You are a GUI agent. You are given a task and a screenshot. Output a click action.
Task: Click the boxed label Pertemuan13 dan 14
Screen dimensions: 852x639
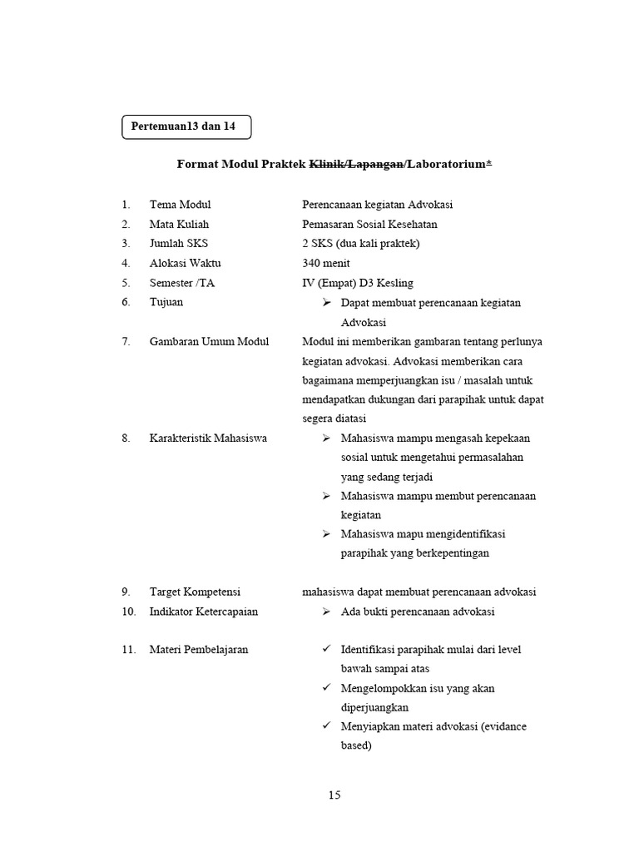[x=184, y=126]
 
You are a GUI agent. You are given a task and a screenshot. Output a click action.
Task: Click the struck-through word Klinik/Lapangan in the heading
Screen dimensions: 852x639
[x=358, y=165]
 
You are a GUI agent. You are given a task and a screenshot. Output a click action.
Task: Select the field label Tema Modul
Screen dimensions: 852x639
[x=180, y=205]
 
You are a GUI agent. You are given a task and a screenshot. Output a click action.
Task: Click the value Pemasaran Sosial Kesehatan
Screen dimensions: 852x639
[x=369, y=224]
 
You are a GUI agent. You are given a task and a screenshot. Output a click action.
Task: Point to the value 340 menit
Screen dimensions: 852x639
[x=326, y=263]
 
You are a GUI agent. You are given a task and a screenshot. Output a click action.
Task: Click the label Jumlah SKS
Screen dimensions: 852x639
[x=179, y=244]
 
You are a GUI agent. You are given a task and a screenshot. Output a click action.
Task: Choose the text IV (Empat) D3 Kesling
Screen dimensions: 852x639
[x=358, y=283]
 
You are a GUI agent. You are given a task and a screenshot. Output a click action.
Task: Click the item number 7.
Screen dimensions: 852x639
[x=126, y=342]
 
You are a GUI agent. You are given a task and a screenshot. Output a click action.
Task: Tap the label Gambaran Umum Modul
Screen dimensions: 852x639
[x=209, y=342]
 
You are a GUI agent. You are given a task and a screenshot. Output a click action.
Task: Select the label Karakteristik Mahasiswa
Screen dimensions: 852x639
[x=208, y=438]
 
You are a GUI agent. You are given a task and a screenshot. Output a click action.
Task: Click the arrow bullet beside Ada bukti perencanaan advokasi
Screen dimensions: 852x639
[x=327, y=612]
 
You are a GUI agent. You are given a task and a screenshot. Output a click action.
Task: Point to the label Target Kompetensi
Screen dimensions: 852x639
[x=195, y=592]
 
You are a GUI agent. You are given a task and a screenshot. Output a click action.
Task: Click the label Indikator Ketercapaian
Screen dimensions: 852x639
[x=204, y=612]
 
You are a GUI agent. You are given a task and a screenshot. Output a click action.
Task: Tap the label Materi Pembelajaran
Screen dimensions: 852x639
[x=199, y=650]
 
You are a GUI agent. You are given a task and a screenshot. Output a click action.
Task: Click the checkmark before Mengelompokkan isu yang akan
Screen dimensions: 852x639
[x=327, y=688]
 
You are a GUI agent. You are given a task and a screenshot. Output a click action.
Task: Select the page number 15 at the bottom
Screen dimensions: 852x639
[x=334, y=795]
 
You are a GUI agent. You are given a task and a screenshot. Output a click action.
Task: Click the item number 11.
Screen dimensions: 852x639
[x=127, y=650]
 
